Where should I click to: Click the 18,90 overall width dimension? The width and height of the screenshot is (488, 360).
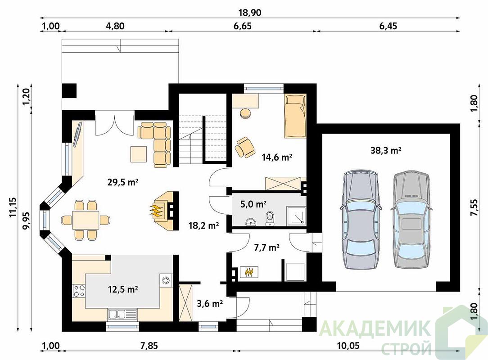[249, 13]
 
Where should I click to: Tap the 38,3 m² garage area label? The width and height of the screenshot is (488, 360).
[386, 151]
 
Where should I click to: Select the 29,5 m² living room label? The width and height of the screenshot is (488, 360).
[123, 182]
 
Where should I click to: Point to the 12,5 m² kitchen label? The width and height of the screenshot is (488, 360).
[123, 289]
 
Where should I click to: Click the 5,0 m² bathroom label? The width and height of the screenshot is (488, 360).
[253, 204]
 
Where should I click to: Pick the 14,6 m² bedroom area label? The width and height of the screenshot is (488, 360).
[277, 157]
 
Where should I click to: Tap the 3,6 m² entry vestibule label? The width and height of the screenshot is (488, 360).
[210, 303]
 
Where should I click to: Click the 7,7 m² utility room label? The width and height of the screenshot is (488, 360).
[267, 247]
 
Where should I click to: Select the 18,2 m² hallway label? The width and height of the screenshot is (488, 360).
[203, 225]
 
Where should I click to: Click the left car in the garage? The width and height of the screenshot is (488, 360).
[361, 220]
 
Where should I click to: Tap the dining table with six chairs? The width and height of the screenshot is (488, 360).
[86, 220]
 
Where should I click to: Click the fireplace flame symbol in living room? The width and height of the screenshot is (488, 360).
[157, 211]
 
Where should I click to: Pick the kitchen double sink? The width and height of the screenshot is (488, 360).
[122, 314]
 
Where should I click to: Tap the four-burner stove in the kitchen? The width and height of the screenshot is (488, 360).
[78, 291]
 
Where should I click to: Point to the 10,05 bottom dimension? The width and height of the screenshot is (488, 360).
[348, 346]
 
